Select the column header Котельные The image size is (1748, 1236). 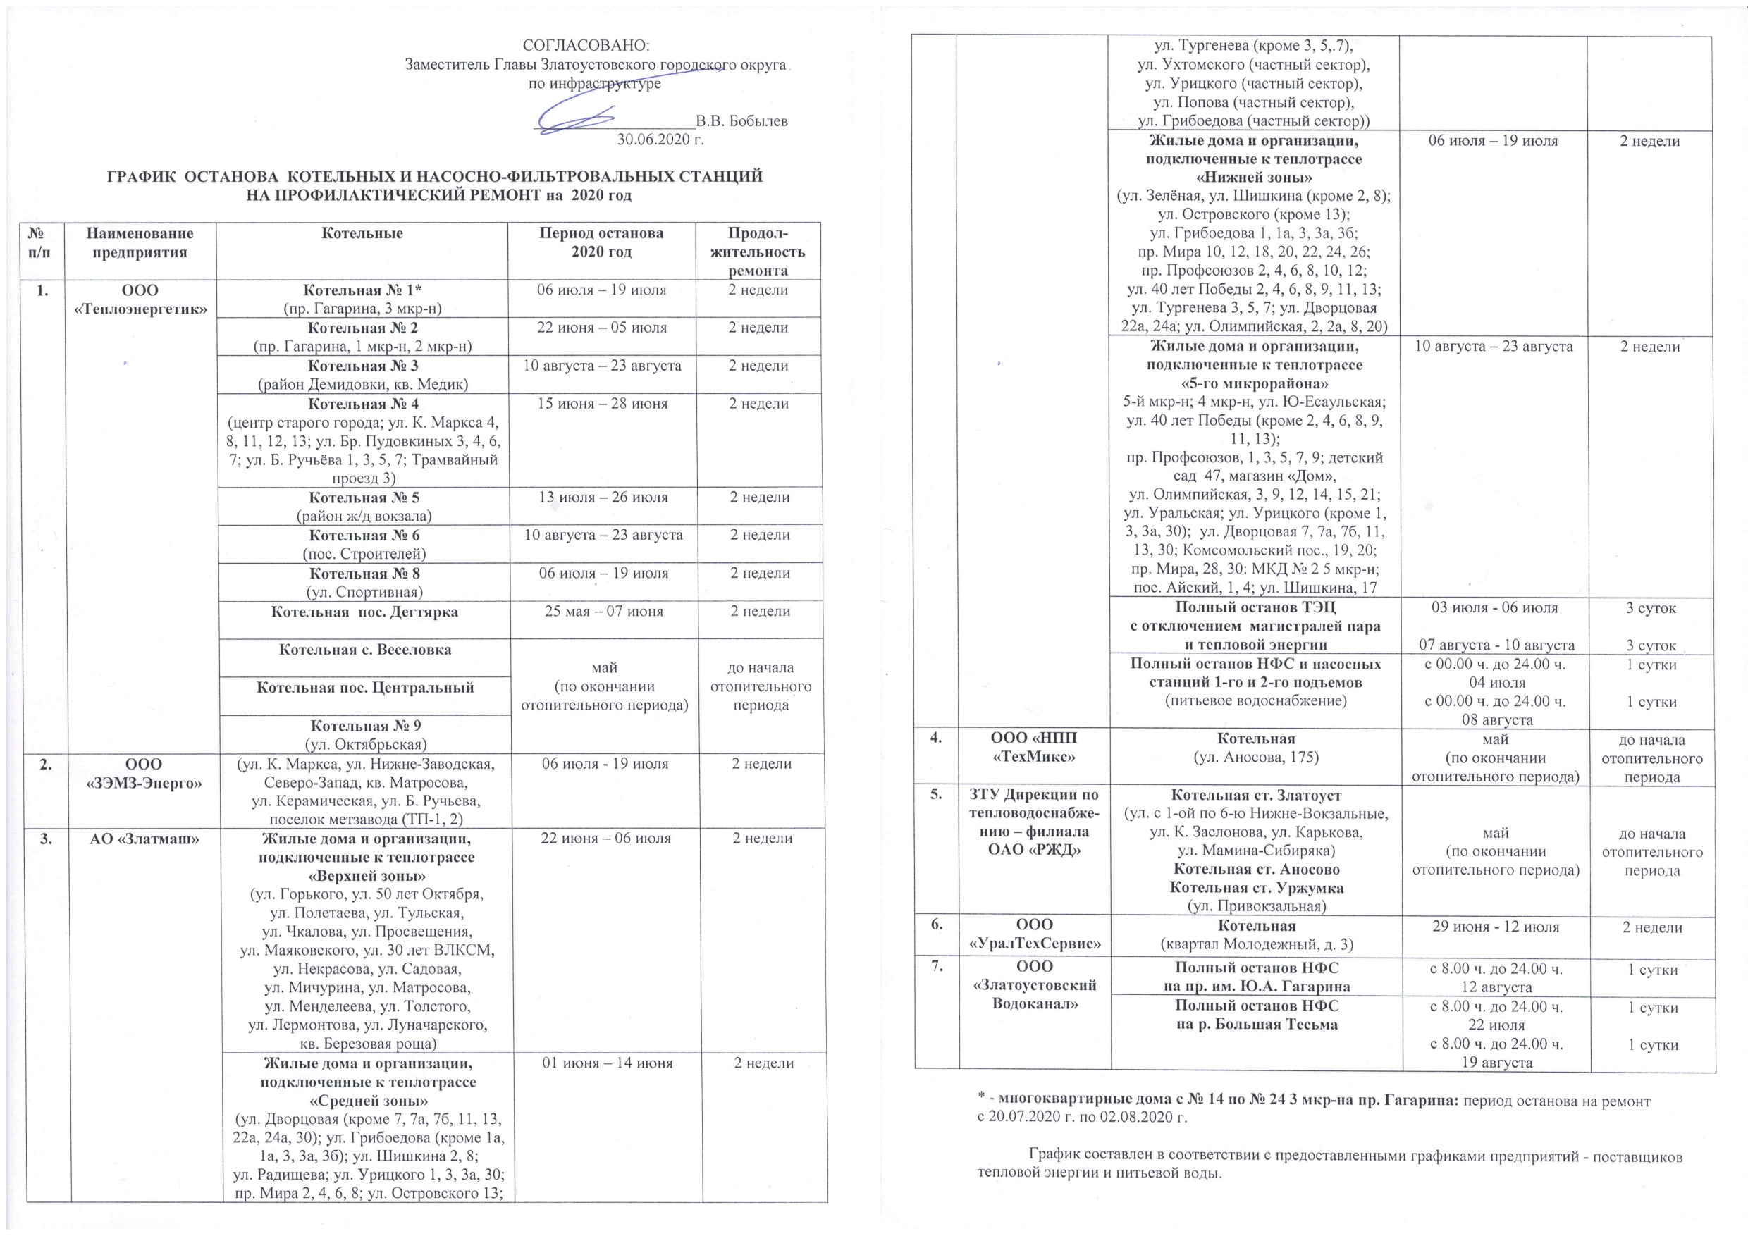point(362,234)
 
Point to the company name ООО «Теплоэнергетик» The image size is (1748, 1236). point(140,299)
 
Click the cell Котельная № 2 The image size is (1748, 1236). point(362,328)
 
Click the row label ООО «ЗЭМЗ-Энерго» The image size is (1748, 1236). point(140,773)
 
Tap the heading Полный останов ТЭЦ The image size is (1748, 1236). point(1255,608)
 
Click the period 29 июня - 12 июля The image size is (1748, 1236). point(1495,927)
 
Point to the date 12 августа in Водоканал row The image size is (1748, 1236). point(1495,987)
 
